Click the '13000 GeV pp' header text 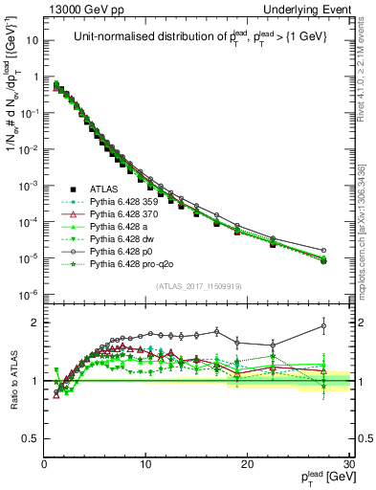pyautogui.click(x=76, y=9)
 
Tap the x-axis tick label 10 pyautogui.click(x=145, y=464)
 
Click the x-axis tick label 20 pyautogui.click(x=247, y=464)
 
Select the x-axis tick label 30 pyautogui.click(x=348, y=464)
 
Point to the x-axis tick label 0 pyautogui.click(x=44, y=464)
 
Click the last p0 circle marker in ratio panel pyautogui.click(x=323, y=326)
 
